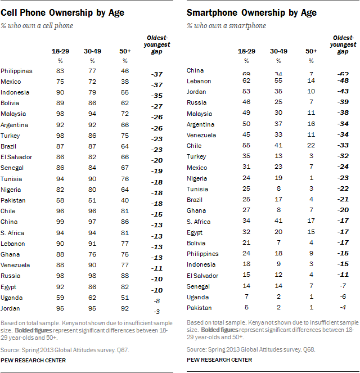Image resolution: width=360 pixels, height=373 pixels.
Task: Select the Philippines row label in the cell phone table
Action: (x=16, y=71)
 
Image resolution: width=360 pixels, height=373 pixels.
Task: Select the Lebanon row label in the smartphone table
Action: (x=198, y=81)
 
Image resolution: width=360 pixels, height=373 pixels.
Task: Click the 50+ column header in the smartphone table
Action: (x=311, y=51)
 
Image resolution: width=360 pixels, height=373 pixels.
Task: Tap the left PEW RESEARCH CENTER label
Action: (x=34, y=359)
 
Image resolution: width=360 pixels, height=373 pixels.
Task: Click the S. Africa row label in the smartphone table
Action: (x=199, y=221)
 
